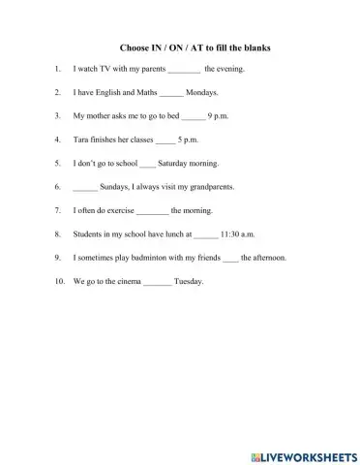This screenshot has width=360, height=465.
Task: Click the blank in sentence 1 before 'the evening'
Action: (184, 71)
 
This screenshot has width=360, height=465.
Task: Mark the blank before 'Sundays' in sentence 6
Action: (85, 188)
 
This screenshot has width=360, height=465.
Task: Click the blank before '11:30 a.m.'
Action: (205, 234)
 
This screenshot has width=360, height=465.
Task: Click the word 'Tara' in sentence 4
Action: (82, 140)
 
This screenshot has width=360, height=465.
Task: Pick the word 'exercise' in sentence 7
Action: (120, 211)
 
